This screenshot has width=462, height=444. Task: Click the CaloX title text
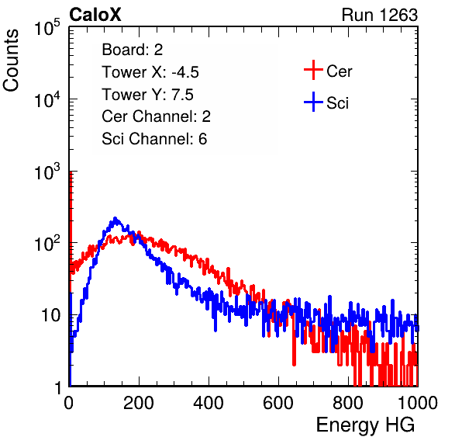[x=95, y=15]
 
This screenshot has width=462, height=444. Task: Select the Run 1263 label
[x=380, y=15]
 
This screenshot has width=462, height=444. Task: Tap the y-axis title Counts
[x=11, y=61]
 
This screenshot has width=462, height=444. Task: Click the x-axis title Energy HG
[x=365, y=425]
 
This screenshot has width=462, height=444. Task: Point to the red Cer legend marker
[x=313, y=70]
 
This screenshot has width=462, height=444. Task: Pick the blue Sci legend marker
[x=313, y=102]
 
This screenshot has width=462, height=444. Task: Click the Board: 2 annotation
[x=133, y=50]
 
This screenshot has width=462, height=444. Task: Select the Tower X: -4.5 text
[x=150, y=72]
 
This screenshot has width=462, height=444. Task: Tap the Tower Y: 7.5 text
[x=147, y=95]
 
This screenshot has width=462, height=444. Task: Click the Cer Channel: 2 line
[x=156, y=116]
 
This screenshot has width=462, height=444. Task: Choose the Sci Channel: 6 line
[x=154, y=139]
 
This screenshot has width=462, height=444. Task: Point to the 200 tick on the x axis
[x=139, y=403]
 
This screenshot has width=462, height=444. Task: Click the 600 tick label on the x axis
[x=278, y=403]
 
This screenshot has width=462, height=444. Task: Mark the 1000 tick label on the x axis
[x=418, y=403]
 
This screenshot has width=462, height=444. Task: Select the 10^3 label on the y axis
[x=47, y=172]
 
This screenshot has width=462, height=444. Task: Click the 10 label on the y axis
[x=50, y=316]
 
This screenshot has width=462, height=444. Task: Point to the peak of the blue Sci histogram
[x=115, y=218]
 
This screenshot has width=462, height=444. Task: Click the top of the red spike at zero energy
[x=71, y=172]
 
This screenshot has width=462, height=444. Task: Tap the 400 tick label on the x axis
[x=209, y=403]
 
